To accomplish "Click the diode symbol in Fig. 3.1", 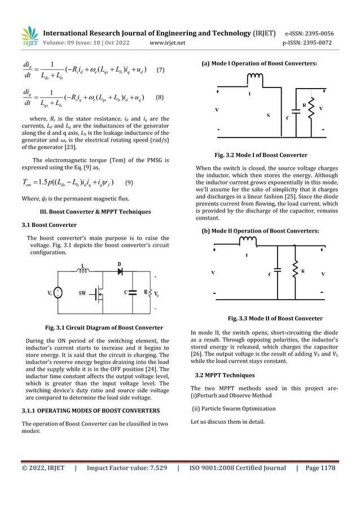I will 119,271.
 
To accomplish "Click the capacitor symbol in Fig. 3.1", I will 132,293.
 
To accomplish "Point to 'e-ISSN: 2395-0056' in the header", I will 309,33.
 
